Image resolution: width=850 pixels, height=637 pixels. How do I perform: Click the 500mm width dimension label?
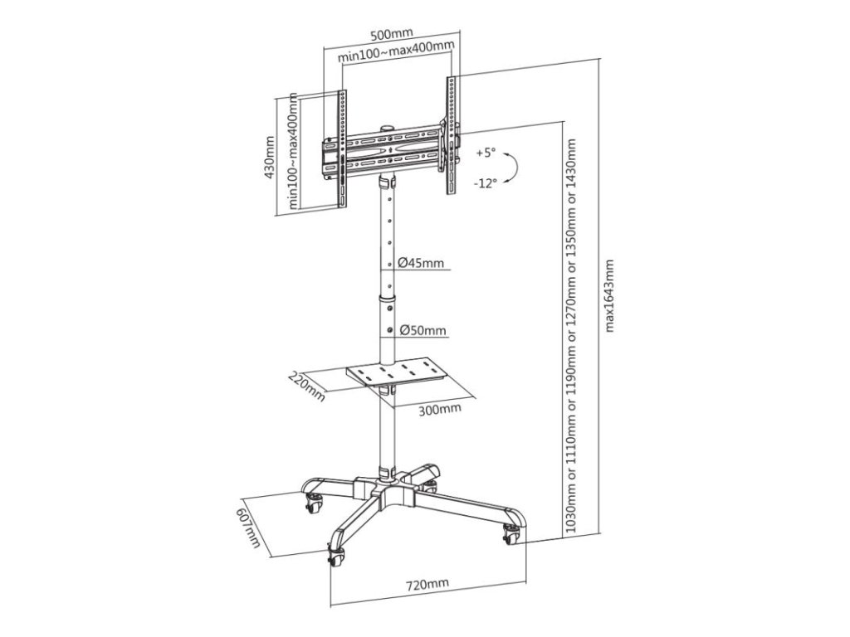(389, 34)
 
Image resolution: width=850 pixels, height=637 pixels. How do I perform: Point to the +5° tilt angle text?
(486, 153)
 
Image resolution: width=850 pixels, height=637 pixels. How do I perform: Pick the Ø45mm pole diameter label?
(421, 263)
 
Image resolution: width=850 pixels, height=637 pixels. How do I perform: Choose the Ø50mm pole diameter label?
(423, 330)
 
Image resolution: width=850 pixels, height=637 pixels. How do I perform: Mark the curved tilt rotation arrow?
(513, 168)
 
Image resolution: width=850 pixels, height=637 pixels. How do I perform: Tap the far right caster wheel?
(510, 536)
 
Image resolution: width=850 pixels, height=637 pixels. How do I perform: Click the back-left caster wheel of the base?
(315, 499)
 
